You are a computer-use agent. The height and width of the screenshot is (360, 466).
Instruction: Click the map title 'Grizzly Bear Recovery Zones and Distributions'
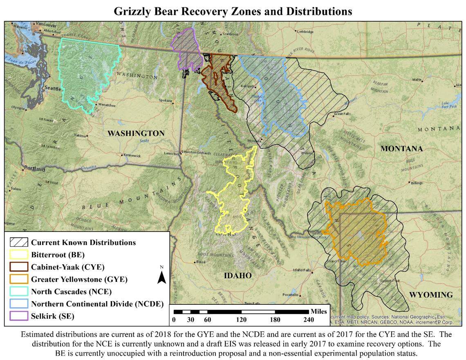(233, 11)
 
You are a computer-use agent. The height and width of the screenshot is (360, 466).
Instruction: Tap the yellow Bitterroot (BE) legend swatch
(19, 254)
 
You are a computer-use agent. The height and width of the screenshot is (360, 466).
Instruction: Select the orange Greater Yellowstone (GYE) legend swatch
(19, 279)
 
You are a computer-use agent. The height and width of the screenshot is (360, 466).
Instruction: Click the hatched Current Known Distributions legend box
(19, 242)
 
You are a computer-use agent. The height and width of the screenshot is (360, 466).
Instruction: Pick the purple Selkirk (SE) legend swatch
(19, 316)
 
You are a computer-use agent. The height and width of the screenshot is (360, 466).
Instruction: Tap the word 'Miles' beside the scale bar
(318, 311)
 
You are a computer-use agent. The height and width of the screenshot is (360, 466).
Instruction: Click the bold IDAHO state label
(237, 276)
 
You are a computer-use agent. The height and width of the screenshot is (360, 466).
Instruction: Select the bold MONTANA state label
(401, 148)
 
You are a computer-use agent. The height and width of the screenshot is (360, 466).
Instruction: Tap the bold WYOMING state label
(431, 295)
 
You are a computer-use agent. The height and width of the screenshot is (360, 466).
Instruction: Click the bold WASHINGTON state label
(136, 133)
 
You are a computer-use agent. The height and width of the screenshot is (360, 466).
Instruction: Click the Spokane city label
(166, 100)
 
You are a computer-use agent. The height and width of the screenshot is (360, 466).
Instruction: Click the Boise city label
(201, 262)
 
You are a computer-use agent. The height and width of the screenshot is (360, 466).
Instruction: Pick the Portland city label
(34, 168)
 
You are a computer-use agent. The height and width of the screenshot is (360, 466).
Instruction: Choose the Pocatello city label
(291, 295)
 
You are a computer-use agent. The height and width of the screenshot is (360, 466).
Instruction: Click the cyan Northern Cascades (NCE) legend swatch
(19, 292)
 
